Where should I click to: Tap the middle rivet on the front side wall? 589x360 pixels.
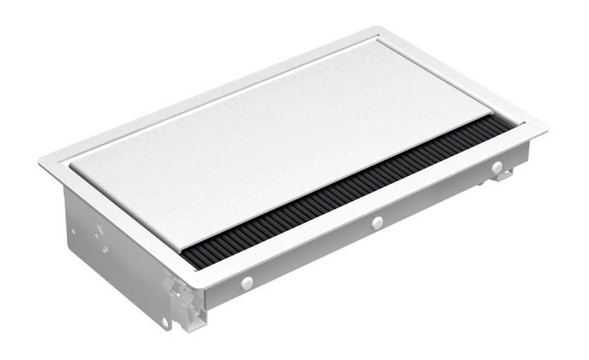(377, 222)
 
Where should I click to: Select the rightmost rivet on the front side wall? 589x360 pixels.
(497, 167)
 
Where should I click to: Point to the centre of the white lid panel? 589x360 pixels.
(280, 142)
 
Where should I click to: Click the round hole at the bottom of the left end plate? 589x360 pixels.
(166, 322)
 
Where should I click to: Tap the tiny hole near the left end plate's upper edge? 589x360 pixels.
(73, 231)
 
